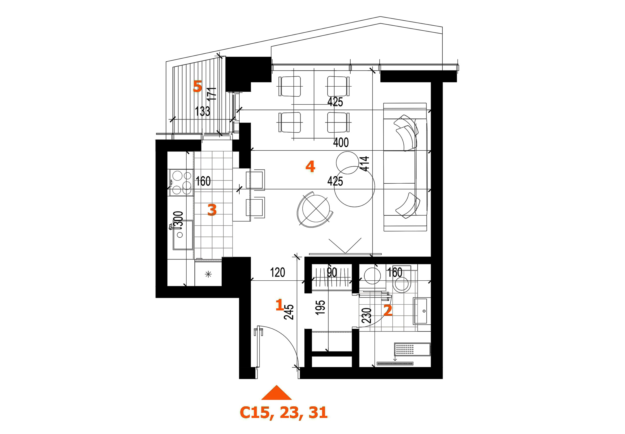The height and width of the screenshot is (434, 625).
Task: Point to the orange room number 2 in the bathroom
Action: coord(388,310)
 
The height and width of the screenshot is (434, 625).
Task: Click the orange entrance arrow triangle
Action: coord(276,393)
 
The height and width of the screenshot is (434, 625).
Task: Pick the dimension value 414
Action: coord(365,164)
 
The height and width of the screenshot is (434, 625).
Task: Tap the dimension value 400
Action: coord(341,143)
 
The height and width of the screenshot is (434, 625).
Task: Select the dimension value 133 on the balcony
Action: coord(202,111)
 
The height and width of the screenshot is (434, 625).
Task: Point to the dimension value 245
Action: coord(289,312)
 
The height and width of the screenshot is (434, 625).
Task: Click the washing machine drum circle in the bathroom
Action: coord(372,276)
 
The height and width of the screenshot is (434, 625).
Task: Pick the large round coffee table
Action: coord(354,187)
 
